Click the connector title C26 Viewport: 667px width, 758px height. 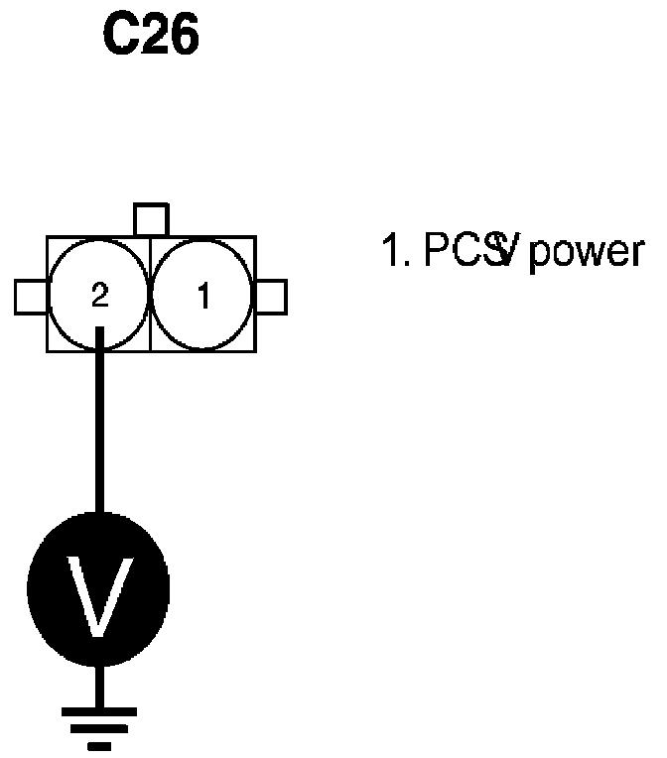click(x=151, y=36)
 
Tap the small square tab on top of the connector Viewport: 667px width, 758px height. click(x=151, y=220)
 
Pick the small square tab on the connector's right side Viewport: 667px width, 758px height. click(x=271, y=296)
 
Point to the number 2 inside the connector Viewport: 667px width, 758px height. click(x=98, y=296)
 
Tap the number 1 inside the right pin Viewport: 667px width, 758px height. click(x=204, y=296)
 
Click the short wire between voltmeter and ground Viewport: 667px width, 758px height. click(x=98, y=690)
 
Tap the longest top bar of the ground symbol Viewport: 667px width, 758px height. click(x=98, y=711)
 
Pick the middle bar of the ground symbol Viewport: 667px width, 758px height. click(x=98, y=728)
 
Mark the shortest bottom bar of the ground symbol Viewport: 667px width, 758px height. click(x=98, y=744)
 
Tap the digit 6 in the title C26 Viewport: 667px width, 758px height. click(x=184, y=36)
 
